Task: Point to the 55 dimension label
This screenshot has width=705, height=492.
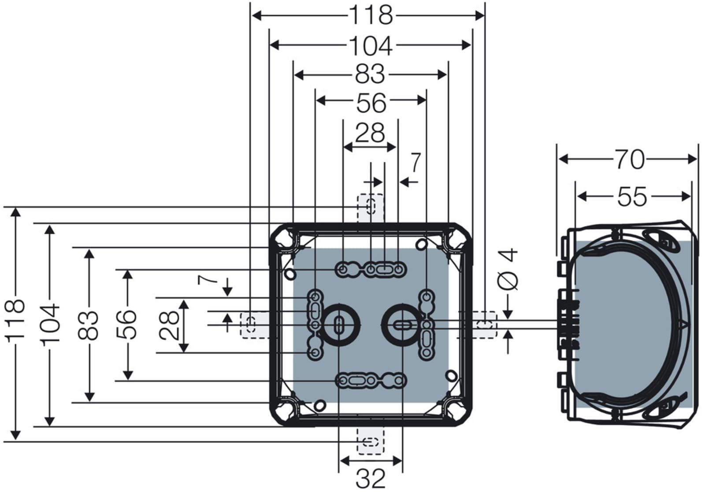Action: tap(632, 197)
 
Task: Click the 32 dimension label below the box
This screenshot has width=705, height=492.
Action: tap(371, 479)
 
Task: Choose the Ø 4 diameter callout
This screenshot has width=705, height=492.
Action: tap(508, 269)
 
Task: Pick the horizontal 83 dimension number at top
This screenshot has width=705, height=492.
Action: tap(370, 74)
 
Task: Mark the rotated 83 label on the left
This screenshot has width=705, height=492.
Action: tap(88, 326)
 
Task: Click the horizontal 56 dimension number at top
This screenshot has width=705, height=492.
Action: tap(371, 103)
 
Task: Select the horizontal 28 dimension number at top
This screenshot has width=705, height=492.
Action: tap(370, 133)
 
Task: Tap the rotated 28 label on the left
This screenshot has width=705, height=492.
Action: tap(169, 325)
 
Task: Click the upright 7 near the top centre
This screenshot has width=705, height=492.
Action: tap(416, 163)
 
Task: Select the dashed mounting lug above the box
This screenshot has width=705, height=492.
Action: tap(371, 208)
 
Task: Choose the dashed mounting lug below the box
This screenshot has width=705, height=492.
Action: tap(371, 441)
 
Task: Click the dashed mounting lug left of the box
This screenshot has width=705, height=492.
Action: tap(255, 325)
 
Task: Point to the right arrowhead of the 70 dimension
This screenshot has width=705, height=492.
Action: tap(692, 159)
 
